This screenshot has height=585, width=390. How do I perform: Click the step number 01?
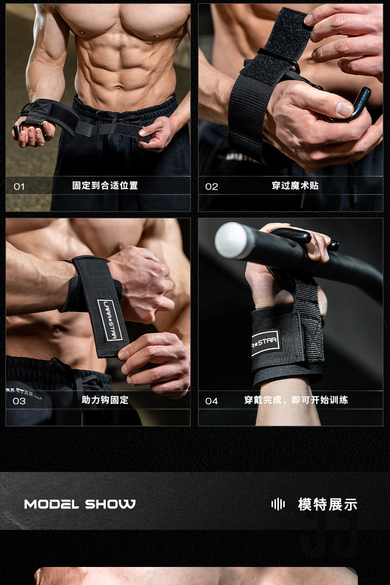pos(19,187)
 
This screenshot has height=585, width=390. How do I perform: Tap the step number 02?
pos(211,187)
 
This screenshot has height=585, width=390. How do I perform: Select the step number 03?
pos(19,401)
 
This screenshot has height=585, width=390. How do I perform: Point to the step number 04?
pos(211,401)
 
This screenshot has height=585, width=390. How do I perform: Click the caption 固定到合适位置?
pos(105,186)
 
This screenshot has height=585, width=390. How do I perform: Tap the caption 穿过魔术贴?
pos(295,186)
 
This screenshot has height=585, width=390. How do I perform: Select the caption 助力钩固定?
pos(105,400)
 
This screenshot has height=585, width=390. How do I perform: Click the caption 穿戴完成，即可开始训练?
pos(296,400)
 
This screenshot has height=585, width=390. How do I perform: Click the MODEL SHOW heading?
pos(79,504)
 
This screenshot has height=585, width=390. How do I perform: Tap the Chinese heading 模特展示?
pos(328,504)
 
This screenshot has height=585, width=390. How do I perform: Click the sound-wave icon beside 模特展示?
pos(278,504)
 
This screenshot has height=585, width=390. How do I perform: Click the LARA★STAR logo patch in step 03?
pos(110,320)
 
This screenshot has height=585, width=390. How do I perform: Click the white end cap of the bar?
pos(232,240)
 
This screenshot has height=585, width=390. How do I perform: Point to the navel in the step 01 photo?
pos(119,87)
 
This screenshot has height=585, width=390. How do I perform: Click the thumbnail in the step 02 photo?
pos(345,109)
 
